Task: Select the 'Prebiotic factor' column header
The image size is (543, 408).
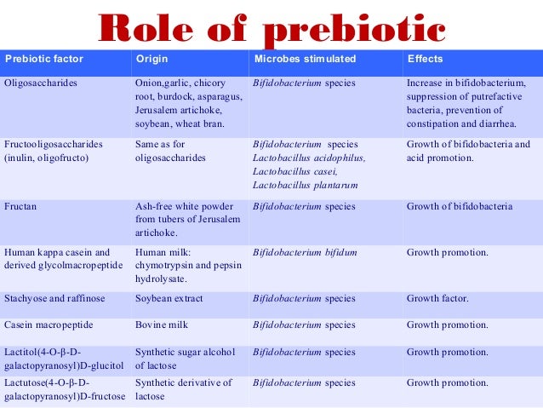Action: pos(40,60)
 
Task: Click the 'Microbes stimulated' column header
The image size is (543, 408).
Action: pos(305,60)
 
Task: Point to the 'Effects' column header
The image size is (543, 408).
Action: pos(424,60)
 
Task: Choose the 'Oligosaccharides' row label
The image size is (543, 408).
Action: pos(42,83)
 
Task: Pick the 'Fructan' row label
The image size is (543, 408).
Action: pos(21,206)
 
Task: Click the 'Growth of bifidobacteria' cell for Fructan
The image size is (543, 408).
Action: pos(460,206)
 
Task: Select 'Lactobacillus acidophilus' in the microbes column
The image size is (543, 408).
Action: pos(309,158)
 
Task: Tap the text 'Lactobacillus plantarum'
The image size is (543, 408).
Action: pos(306,185)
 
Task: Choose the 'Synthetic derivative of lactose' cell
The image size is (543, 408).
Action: pos(183,389)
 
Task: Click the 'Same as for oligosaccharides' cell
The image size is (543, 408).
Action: pos(171,151)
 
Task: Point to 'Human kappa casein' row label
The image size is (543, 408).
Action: pos(57,253)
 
